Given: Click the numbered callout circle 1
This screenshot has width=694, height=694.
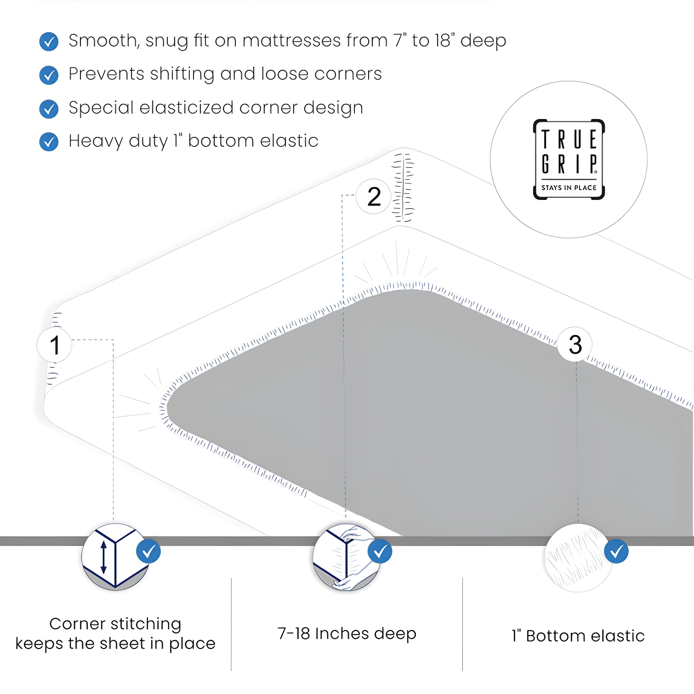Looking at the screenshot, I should (x=54, y=345).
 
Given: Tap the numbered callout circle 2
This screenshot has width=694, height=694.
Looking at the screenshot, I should (x=374, y=197).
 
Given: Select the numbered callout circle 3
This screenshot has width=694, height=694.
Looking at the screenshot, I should (x=575, y=344).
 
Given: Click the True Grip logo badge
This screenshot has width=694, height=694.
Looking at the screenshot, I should (x=569, y=159).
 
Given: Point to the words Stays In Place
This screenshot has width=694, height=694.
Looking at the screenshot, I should (x=569, y=188).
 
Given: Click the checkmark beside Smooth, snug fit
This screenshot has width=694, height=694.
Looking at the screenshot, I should (x=49, y=41).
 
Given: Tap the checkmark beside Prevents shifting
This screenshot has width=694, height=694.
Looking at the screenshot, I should (x=49, y=75).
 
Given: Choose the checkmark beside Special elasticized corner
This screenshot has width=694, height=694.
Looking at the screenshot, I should (x=49, y=109).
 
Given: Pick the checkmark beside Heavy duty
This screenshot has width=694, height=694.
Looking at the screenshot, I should (x=49, y=142).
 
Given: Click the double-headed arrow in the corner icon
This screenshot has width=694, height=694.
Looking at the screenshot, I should (x=103, y=557).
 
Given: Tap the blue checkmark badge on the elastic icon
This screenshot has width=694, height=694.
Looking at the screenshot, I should (x=616, y=551).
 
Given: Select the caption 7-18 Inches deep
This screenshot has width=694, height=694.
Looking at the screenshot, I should (x=347, y=633).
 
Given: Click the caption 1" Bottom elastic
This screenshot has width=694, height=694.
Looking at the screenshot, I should (x=578, y=636).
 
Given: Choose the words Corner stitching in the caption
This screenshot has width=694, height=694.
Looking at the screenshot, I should (x=115, y=624).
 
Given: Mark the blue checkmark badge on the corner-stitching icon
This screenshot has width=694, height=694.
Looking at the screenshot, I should (x=148, y=551).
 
